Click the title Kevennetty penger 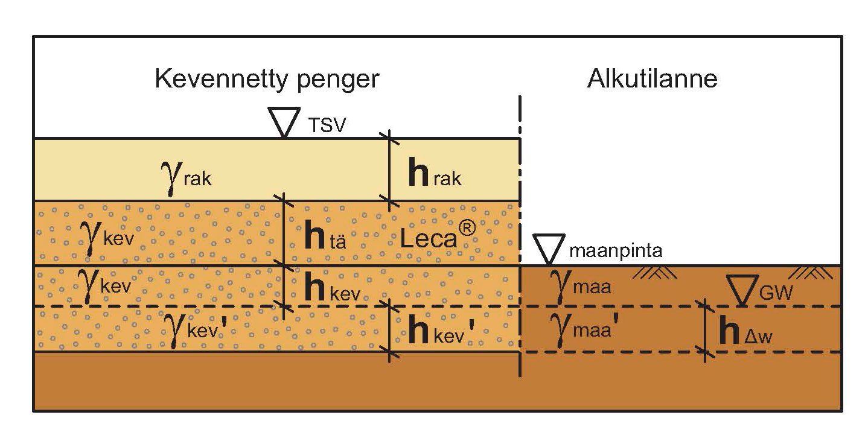(267, 79)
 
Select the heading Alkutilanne (652, 79)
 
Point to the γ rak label (187, 177)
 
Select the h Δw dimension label (746, 332)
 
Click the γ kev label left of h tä (107, 235)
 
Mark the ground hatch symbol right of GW (812, 273)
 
